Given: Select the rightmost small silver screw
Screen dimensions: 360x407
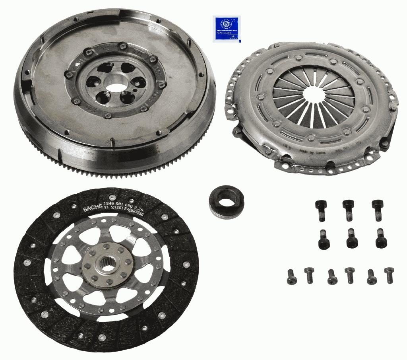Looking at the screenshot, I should (389, 275).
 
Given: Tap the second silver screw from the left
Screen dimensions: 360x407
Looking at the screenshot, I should (310, 275).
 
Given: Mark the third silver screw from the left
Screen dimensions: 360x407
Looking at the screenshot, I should (332, 276).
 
